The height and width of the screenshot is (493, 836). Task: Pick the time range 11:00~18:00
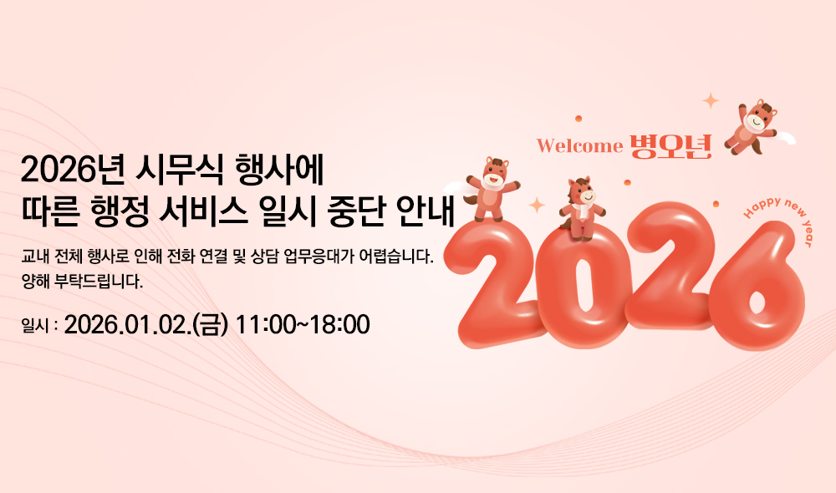tap(303, 323)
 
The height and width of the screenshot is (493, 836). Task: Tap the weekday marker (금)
tap(211, 323)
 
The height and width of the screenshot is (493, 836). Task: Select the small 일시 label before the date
tap(35, 324)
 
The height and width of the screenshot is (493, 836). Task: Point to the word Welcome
tap(579, 146)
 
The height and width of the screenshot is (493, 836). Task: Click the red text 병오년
tap(670, 145)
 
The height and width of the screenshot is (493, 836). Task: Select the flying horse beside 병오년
tap(752, 127)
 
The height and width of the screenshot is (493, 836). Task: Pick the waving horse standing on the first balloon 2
tap(493, 187)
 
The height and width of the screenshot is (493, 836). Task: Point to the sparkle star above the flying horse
tap(711, 101)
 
